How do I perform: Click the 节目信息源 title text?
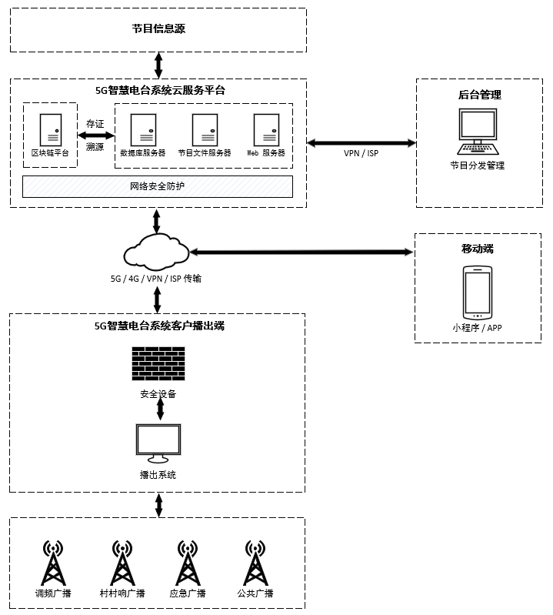158,29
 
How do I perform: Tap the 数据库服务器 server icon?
143,129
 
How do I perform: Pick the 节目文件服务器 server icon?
205,129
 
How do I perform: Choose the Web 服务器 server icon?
266,129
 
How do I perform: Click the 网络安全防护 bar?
158,186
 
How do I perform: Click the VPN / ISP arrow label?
361,152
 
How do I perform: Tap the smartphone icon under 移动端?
477,293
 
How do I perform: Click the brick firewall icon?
158,364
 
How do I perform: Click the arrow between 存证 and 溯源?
96,135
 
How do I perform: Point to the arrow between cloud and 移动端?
301,252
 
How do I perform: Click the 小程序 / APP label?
477,327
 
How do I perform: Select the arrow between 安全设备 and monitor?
159,409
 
